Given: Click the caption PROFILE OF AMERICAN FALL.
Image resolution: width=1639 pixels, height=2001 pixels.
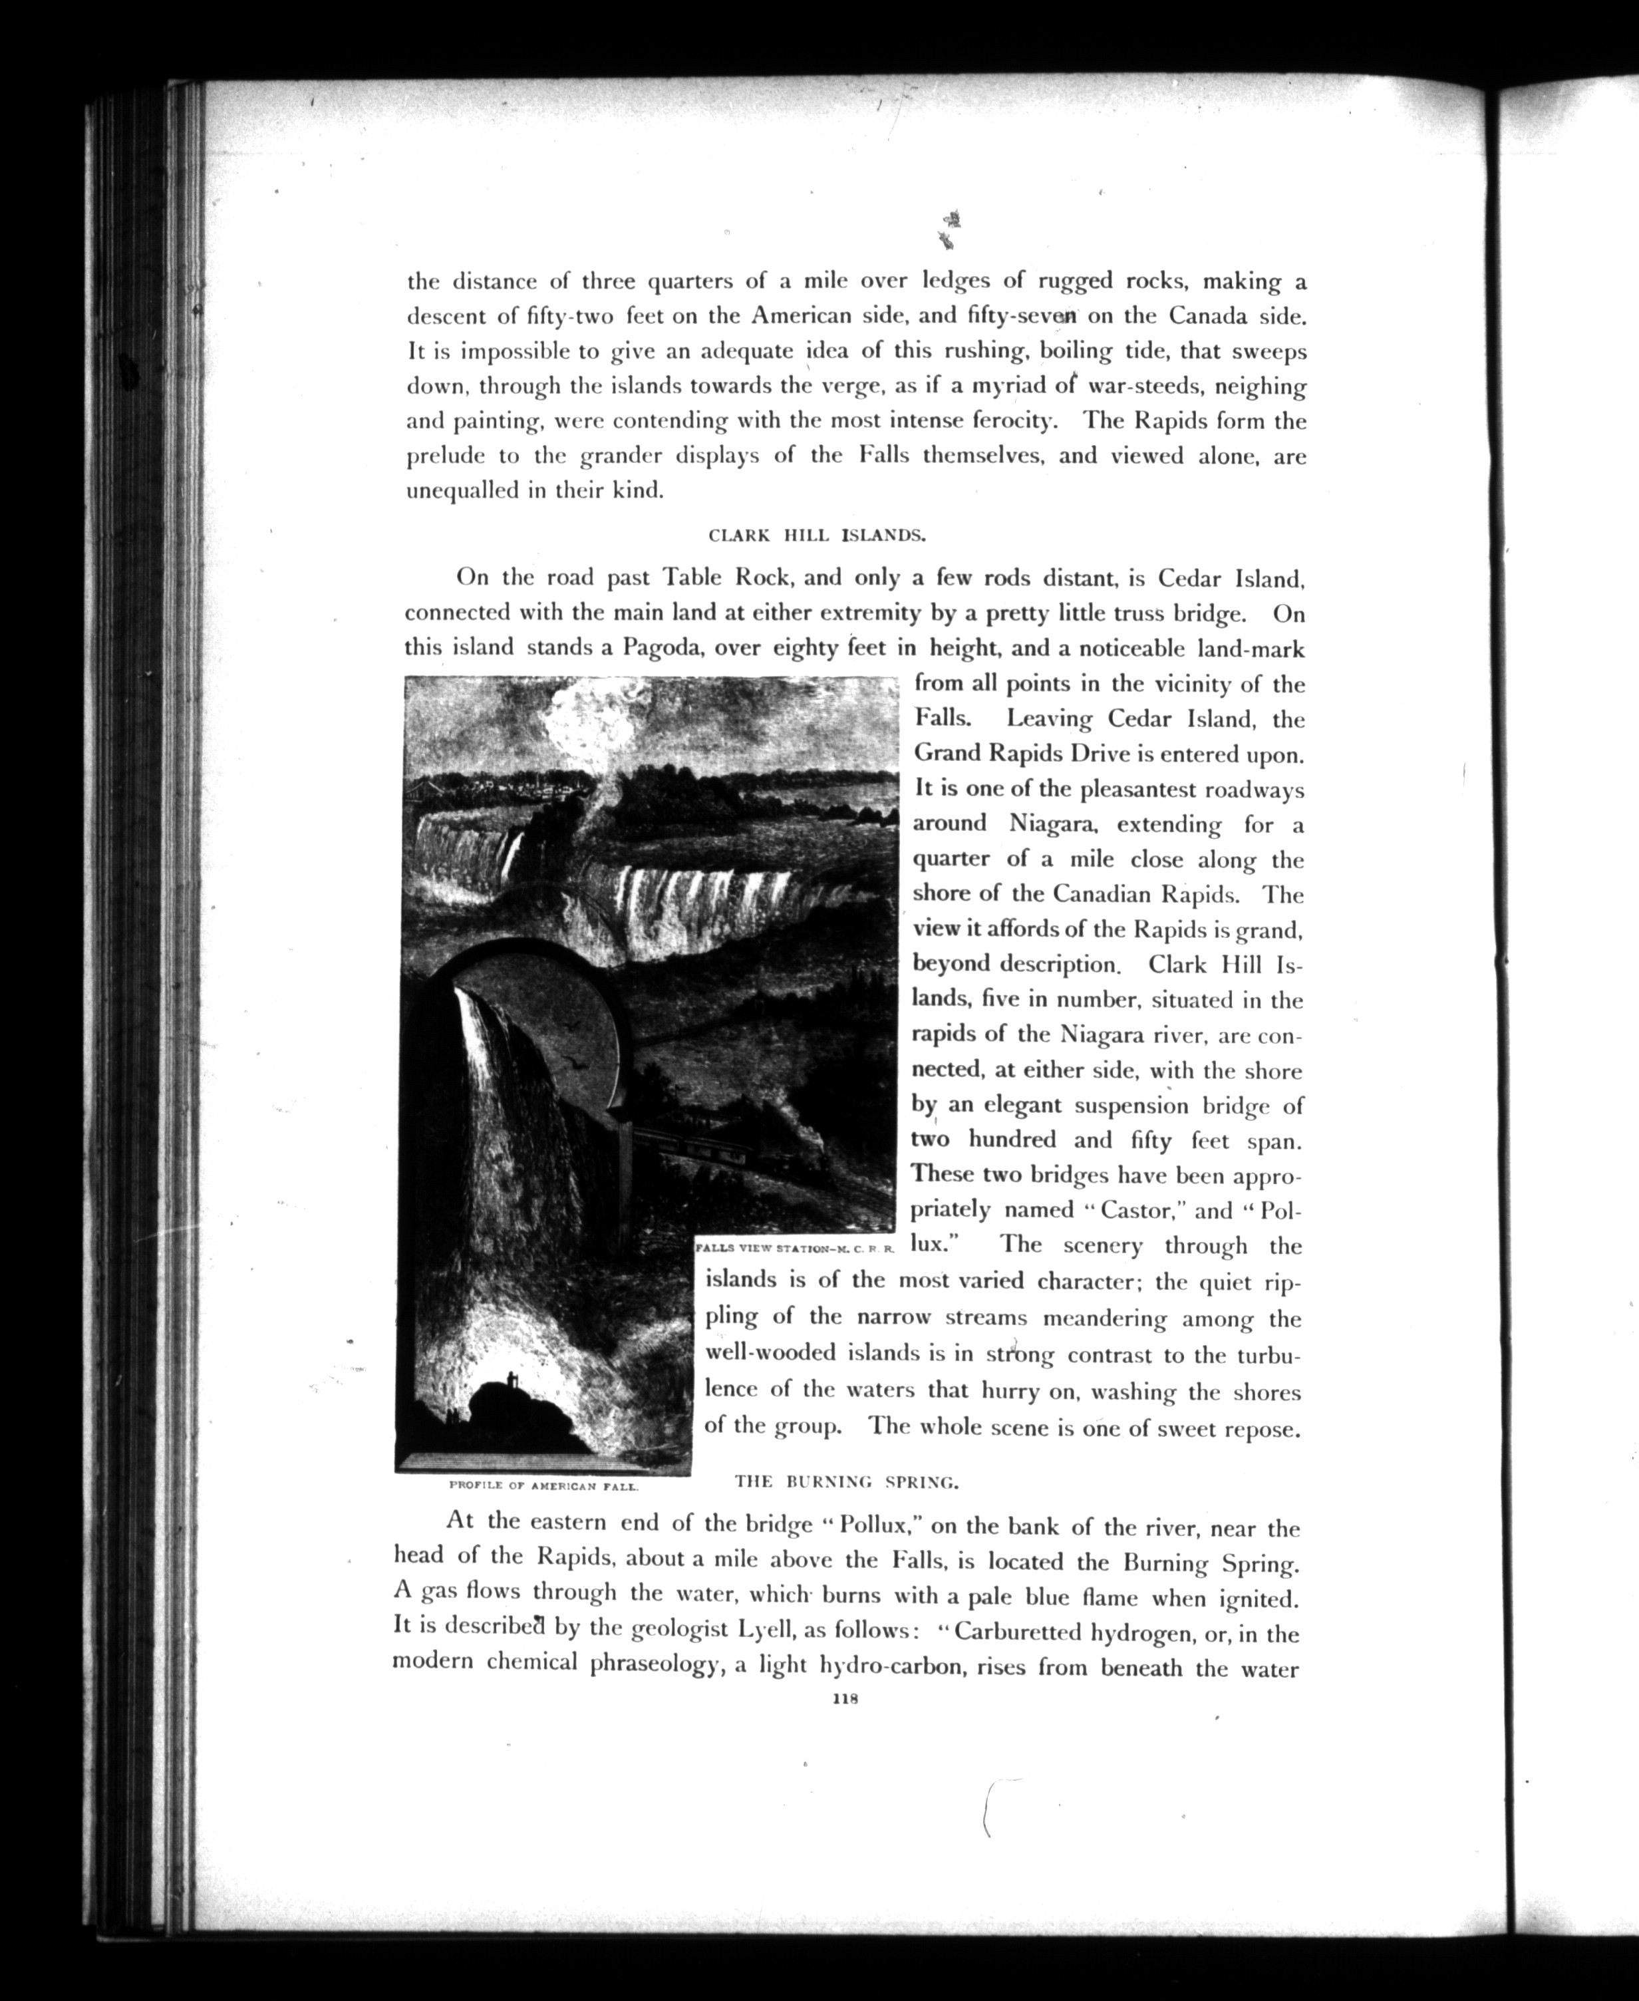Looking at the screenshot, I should pyautogui.click(x=545, y=1485).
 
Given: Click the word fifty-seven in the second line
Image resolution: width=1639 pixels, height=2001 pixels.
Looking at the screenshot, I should pyautogui.click(x=1024, y=317).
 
